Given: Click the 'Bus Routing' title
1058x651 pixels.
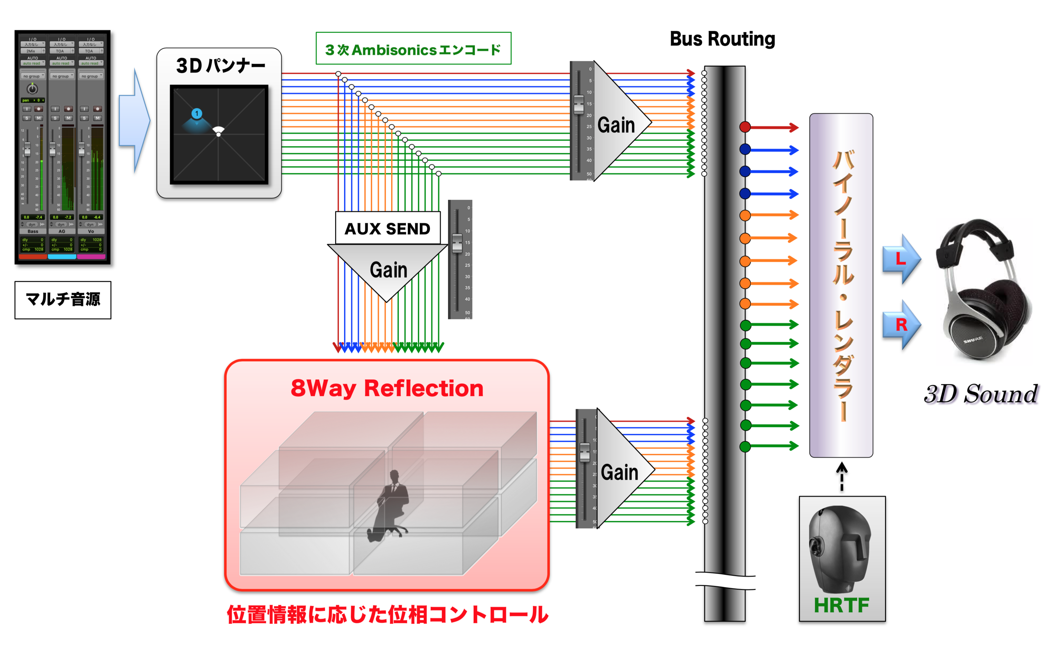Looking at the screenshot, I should point(722,39).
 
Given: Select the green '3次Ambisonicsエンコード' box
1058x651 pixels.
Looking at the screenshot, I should point(413,49).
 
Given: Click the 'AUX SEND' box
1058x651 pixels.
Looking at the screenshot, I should point(388,228).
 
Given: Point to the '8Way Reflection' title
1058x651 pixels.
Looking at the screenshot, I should point(387,388).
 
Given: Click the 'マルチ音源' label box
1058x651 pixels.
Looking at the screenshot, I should point(63,300).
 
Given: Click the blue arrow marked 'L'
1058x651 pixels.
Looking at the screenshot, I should point(901,259).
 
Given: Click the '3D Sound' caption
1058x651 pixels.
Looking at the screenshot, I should point(980,394).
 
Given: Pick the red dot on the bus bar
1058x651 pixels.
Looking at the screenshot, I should point(745,127).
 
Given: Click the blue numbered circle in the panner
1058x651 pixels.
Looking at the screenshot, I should point(197,114).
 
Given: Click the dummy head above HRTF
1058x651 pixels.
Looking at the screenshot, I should point(839,547).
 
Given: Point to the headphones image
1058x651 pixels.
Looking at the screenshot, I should point(984,289).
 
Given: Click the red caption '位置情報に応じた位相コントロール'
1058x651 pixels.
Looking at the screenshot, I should point(388,615).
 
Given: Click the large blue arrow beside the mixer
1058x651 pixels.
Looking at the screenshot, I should point(135,121).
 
